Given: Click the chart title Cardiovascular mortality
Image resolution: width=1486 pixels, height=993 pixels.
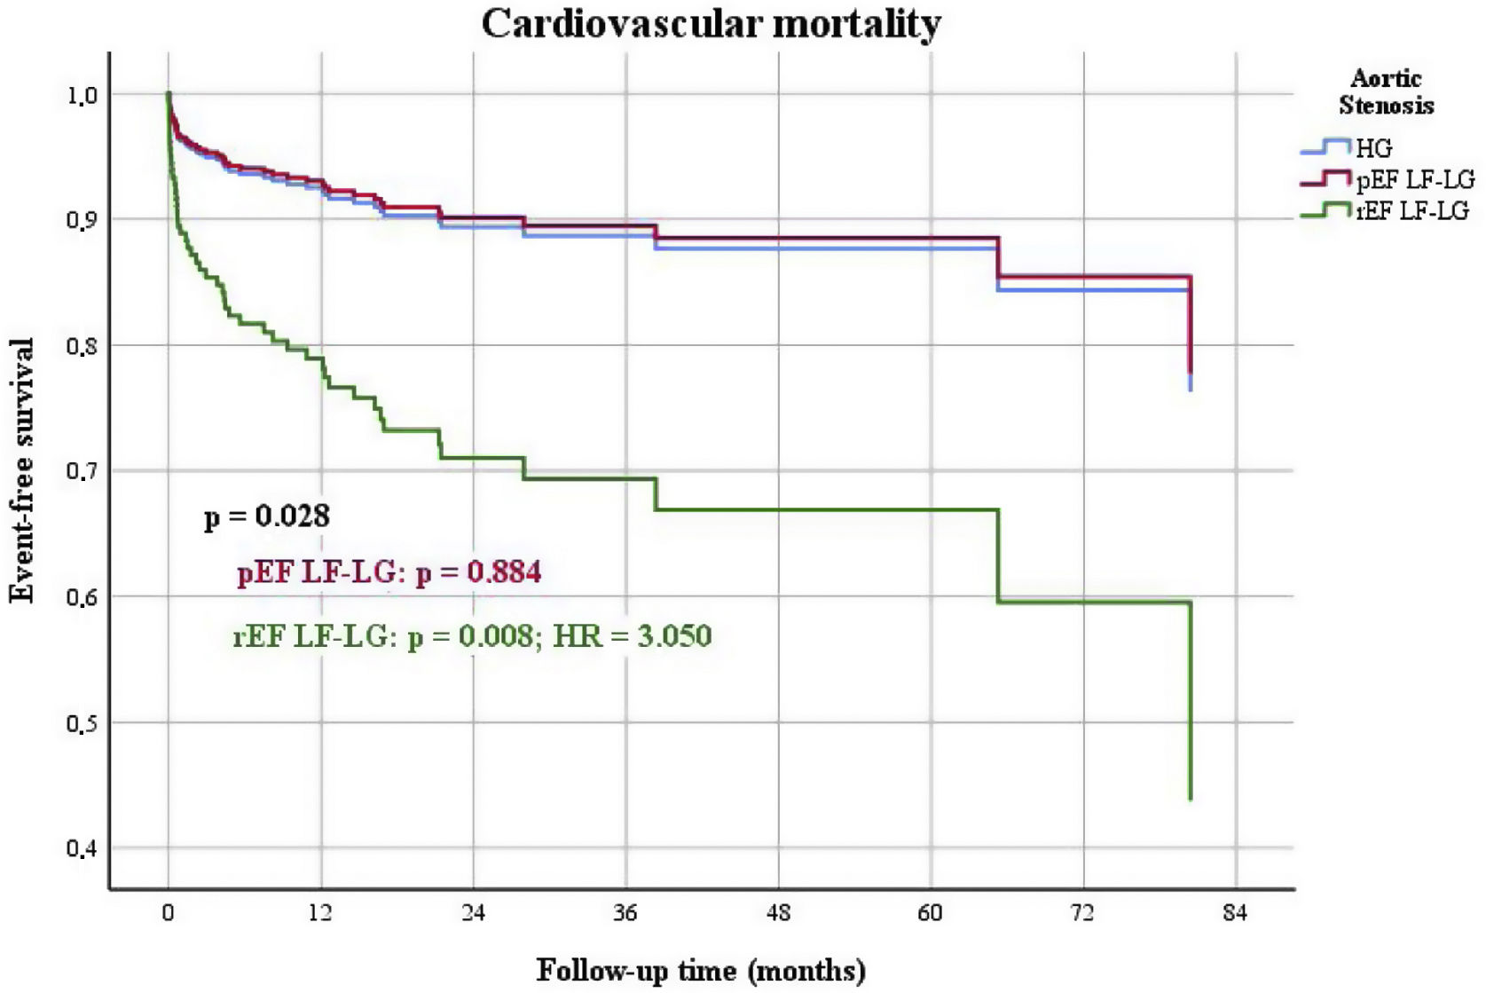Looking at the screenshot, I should pyautogui.click(x=711, y=24).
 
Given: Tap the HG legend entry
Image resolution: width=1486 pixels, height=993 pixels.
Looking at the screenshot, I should pyautogui.click(x=1373, y=149).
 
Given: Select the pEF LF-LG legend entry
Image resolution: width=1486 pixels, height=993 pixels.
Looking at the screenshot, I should pyautogui.click(x=1414, y=180).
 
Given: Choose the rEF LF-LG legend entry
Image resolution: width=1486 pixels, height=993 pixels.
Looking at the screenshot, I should pyautogui.click(x=1411, y=211).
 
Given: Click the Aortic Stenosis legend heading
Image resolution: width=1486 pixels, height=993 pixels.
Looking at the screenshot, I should pyautogui.click(x=1386, y=92).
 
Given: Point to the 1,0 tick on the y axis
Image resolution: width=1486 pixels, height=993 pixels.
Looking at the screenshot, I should pyautogui.click(x=82, y=95).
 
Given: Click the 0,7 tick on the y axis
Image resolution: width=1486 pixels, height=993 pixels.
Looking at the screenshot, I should pyautogui.click(x=82, y=471).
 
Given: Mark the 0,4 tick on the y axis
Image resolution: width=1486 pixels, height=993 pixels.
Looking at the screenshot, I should pyautogui.click(x=82, y=849).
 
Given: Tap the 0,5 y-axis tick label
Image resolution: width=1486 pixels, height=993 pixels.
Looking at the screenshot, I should pyautogui.click(x=82, y=723).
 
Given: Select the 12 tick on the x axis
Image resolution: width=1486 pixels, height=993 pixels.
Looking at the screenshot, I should pyautogui.click(x=320, y=913).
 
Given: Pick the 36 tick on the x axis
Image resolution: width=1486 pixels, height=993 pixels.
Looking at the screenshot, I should pyautogui.click(x=625, y=913).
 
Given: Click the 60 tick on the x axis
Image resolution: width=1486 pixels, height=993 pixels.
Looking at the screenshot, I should pyautogui.click(x=930, y=913).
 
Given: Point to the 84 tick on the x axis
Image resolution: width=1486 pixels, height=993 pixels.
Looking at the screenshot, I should pyautogui.click(x=1235, y=913).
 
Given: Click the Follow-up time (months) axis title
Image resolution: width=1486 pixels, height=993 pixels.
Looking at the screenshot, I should pyautogui.click(x=701, y=970).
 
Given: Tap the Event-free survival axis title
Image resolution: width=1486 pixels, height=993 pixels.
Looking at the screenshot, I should pyautogui.click(x=21, y=470).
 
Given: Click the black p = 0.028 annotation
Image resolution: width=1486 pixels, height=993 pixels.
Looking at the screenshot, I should pyautogui.click(x=267, y=516).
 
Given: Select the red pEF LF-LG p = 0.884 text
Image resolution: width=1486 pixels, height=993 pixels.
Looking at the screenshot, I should pyautogui.click(x=389, y=572).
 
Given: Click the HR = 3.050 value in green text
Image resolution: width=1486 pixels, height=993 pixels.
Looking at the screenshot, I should pyautogui.click(x=632, y=636).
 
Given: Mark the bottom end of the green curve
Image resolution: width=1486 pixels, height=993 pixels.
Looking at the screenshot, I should pyautogui.click(x=1190, y=799).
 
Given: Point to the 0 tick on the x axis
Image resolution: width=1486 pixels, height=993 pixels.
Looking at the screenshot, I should pyautogui.click(x=168, y=913).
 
